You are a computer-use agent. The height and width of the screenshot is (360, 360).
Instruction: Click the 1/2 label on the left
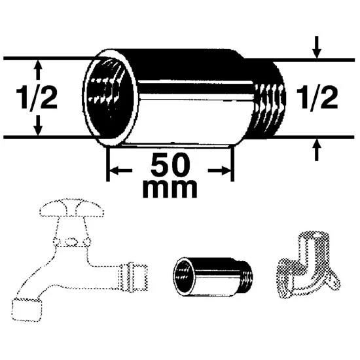[37, 97]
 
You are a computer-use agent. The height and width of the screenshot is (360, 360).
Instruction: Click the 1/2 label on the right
[317, 97]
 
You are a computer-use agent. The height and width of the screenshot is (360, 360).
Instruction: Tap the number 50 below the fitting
[170, 164]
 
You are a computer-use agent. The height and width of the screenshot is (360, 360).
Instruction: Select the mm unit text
[170, 189]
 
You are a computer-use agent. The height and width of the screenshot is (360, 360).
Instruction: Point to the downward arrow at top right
[317, 47]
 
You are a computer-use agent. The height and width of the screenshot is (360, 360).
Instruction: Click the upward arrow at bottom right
[317, 150]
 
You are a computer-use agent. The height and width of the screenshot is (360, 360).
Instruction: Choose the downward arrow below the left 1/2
[38, 126]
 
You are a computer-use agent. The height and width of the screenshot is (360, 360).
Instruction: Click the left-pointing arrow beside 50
[121, 171]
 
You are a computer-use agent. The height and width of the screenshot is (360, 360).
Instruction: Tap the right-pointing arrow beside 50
[219, 171]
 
